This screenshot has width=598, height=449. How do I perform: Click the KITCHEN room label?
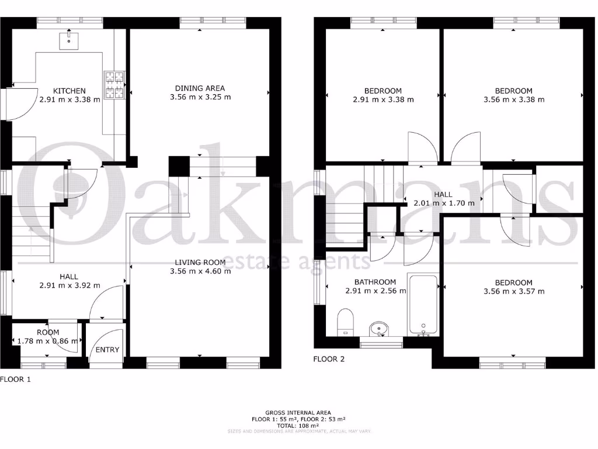(69, 91)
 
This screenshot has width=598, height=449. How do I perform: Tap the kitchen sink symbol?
(69, 39)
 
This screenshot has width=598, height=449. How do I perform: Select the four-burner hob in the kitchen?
(114, 84)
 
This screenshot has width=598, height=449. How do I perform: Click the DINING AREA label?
(200, 88)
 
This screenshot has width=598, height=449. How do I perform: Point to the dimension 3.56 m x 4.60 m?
(200, 271)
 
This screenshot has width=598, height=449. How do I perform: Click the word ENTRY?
(107, 350)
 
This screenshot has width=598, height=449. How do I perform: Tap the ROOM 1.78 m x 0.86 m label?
(48, 337)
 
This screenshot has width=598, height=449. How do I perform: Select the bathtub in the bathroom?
(423, 305)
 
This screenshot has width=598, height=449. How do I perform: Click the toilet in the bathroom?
(346, 323)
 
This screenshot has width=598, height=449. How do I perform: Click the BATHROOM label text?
(375, 282)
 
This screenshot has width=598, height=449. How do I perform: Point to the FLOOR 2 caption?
(329, 359)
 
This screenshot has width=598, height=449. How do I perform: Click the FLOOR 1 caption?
(15, 379)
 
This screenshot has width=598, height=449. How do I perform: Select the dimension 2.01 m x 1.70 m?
(444, 203)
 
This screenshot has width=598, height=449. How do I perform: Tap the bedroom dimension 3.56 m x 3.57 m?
(514, 291)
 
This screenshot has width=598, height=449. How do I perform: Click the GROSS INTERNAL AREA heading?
(298, 412)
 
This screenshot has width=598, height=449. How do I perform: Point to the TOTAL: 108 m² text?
(298, 425)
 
